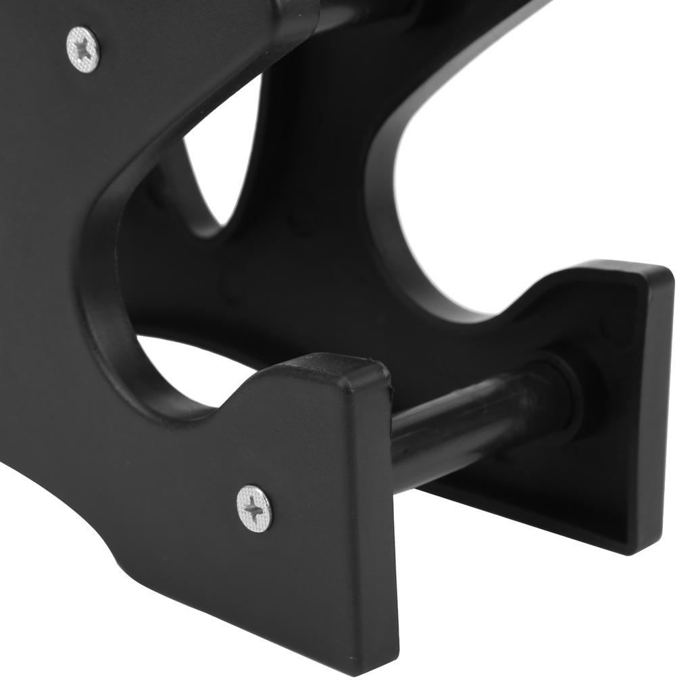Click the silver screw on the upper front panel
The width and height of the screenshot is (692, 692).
point(83,49)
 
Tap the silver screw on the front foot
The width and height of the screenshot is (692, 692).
point(255,508)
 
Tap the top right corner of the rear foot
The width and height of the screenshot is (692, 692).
point(669,270)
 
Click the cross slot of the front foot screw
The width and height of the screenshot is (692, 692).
point(255,508)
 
